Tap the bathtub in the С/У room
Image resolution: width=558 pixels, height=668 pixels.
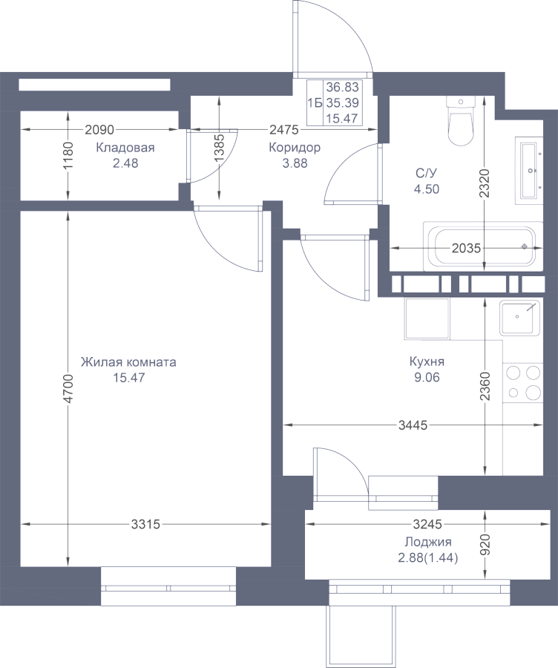(483, 246)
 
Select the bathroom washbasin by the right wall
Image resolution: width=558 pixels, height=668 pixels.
(529, 171)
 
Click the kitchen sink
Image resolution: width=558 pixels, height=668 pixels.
(519, 318)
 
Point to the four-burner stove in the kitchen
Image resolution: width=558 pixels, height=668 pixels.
(523, 382)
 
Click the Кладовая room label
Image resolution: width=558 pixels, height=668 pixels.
(125, 148)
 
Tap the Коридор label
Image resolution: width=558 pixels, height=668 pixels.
(295, 148)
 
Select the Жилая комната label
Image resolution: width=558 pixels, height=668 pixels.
(128, 362)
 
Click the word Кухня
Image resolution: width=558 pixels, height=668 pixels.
(427, 361)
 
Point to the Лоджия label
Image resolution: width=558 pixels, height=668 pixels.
(428, 543)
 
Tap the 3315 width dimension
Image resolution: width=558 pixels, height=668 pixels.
(145, 524)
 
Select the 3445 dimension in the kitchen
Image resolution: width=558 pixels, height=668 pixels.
(413, 425)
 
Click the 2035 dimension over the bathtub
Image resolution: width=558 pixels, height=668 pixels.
(466, 248)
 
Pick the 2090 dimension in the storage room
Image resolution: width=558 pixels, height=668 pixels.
(99, 129)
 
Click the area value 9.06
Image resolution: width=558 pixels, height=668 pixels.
(427, 378)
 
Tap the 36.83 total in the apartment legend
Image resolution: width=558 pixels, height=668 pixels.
(343, 87)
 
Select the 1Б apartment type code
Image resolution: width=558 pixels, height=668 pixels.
(315, 102)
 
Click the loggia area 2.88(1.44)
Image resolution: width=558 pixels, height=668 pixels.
(428, 558)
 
